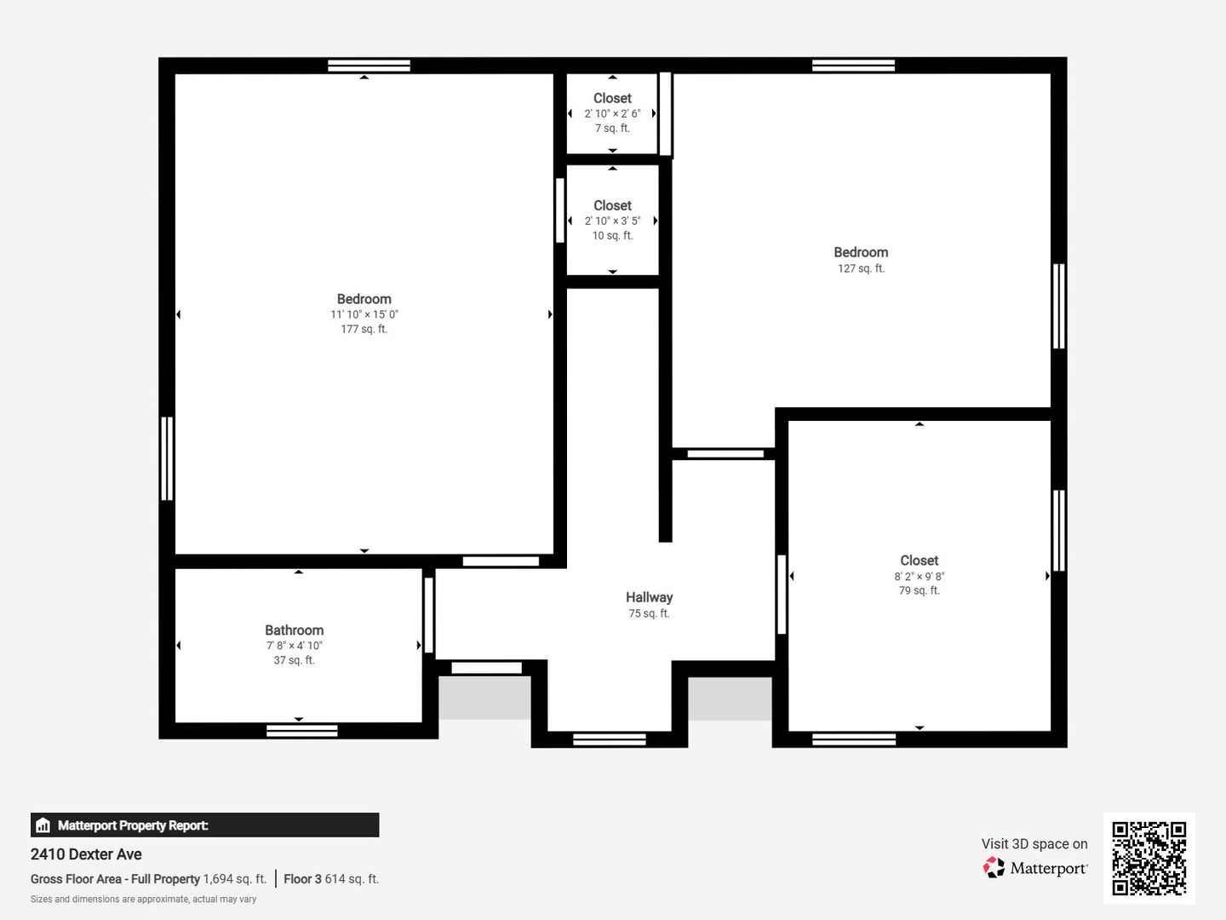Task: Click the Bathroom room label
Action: tap(295, 630)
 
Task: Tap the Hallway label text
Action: tap(649, 597)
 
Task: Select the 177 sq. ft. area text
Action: tap(364, 329)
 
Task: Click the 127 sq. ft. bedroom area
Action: tap(861, 268)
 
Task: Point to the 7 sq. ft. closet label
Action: tap(613, 128)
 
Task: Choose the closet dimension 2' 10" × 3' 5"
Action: tap(613, 221)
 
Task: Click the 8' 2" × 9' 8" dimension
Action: tap(919, 576)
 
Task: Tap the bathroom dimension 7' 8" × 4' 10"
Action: tap(295, 645)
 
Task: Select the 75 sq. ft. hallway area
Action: tap(649, 612)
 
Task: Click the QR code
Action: tap(1149, 859)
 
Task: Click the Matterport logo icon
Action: tap(994, 867)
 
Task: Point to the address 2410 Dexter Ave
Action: tap(86, 854)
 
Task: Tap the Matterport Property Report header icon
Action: tap(43, 825)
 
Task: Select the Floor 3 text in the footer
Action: tap(303, 878)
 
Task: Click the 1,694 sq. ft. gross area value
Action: tap(235, 878)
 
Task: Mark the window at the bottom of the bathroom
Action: tap(301, 731)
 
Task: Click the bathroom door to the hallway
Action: tap(429, 615)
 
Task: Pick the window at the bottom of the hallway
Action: tap(610, 739)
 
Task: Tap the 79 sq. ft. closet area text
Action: tap(919, 590)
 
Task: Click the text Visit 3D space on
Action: tap(1034, 843)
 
